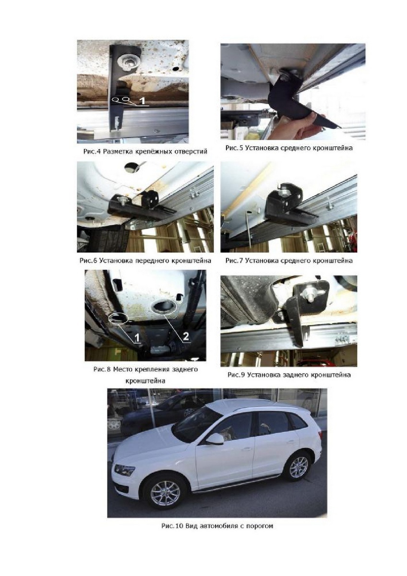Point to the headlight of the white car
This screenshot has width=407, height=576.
[124, 470]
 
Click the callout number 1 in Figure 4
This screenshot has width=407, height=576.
[143, 100]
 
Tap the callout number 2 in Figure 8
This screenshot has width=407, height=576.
[186, 337]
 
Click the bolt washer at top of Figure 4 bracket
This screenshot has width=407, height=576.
[127, 60]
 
